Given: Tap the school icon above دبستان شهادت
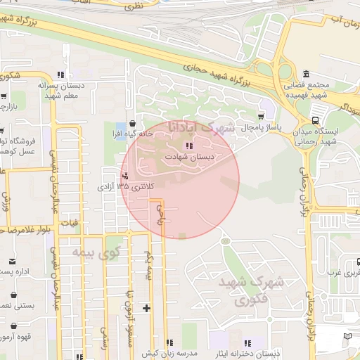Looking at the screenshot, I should [188, 145].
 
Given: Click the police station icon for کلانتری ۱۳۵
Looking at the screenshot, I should [125, 176].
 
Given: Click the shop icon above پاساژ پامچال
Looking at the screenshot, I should [262, 116].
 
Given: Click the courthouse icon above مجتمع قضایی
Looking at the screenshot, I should [306, 75].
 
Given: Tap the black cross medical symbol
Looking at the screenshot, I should [146, 307].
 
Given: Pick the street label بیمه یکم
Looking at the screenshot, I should [148, 264].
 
